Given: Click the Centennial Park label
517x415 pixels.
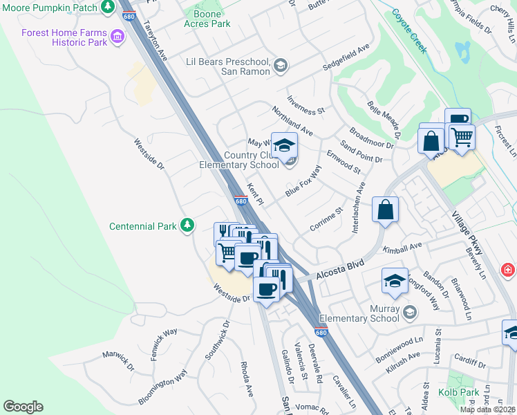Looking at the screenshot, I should click(143, 226).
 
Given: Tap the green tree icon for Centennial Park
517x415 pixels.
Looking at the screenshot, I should click(187, 225).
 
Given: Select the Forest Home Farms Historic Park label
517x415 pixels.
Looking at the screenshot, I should click(64, 37).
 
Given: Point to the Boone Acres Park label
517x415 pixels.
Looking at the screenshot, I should click(207, 19).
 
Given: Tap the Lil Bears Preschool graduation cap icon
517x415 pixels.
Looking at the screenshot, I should click(280, 66).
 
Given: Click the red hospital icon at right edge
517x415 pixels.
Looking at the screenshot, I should click(508, 268).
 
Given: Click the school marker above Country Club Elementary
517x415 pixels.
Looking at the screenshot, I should click(283, 145).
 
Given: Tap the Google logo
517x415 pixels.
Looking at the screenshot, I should click(23, 406).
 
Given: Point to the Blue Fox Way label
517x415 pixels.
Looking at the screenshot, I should click(303, 181).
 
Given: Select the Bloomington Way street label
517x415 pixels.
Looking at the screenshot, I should click(162, 387).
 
